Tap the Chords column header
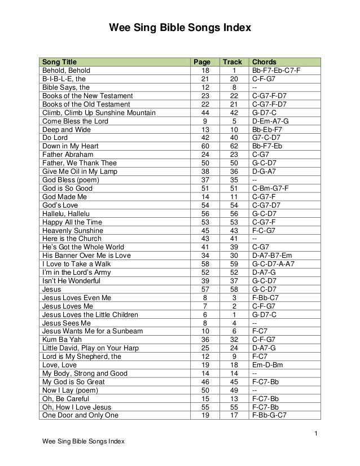click(x=264, y=61)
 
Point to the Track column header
click(x=232, y=61)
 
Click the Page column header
click(x=201, y=61)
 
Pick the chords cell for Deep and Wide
click(x=267, y=129)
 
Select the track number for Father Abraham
click(x=232, y=155)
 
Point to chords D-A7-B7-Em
click(x=272, y=255)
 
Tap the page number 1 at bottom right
click(x=317, y=433)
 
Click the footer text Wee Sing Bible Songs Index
click(x=79, y=441)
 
